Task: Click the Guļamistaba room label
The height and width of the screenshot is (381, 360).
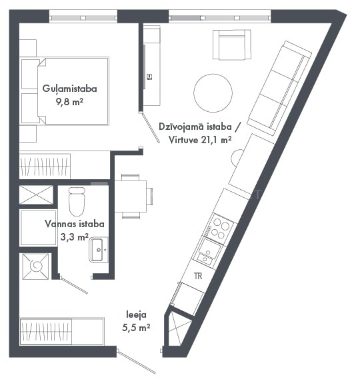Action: (69, 89)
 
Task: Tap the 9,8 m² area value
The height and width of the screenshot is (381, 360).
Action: (69, 102)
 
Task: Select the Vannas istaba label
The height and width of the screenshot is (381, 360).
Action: (75, 224)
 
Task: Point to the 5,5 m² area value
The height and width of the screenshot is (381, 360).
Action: (136, 328)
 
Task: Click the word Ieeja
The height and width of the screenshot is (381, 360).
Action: (136, 314)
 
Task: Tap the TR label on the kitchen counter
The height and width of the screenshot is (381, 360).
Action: (198, 276)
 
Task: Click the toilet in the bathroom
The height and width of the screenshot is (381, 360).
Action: (77, 201)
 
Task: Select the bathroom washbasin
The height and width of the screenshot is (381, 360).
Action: (99, 250)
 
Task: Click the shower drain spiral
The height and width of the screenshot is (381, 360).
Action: (36, 266)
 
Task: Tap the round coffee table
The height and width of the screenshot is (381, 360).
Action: (213, 93)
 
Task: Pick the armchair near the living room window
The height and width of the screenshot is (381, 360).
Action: (232, 45)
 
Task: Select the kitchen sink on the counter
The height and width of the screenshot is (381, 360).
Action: (208, 252)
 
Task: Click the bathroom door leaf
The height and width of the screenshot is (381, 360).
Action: (74, 285)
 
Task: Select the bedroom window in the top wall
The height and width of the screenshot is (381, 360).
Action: (83, 18)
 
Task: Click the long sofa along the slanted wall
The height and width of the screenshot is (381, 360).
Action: (280, 88)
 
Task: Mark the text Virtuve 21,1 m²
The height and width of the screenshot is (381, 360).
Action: (200, 140)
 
